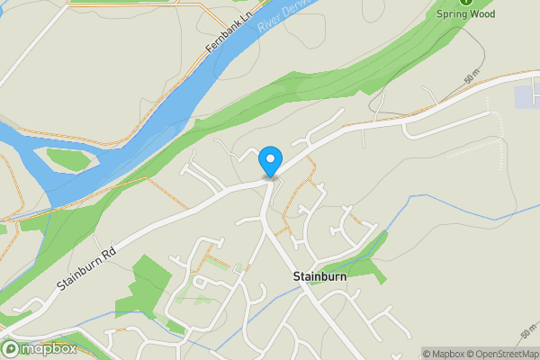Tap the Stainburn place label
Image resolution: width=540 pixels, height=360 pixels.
319,276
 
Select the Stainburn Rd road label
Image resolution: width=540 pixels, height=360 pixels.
87,269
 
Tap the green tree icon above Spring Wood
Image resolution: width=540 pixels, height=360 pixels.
466,3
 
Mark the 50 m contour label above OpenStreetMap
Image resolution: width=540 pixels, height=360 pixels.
527,334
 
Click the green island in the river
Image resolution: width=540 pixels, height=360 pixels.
68,159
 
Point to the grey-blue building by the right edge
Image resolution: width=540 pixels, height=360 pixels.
525,97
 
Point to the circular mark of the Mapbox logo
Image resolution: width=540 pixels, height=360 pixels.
12,348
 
